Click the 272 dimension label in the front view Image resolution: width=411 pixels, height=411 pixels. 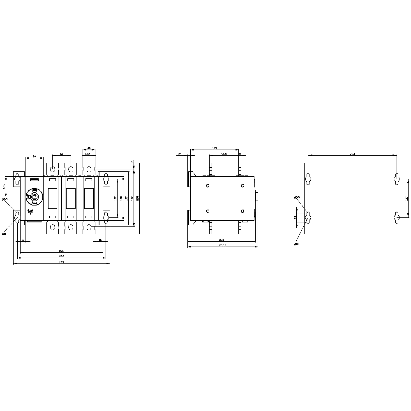click(62, 251)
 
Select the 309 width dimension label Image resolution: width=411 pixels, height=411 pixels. click(62, 262)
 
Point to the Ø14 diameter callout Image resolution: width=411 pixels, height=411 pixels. click(88, 154)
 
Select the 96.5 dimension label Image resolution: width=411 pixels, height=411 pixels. click(224, 154)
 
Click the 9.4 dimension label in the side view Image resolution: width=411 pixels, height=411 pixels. click(180, 154)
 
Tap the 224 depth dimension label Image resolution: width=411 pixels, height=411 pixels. click(221, 240)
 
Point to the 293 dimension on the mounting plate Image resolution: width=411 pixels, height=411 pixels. click(352, 154)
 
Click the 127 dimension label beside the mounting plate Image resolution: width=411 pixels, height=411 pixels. click(406, 199)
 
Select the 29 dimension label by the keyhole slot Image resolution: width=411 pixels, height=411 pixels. click(295, 217)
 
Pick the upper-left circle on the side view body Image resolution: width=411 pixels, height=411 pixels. click(208, 186)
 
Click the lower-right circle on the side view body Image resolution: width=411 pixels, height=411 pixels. click(242, 211)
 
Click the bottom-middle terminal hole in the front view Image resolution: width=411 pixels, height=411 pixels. click(71, 227)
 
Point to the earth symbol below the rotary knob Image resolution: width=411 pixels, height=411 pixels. click(30, 212)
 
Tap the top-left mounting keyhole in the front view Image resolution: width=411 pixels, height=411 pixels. click(17, 179)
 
